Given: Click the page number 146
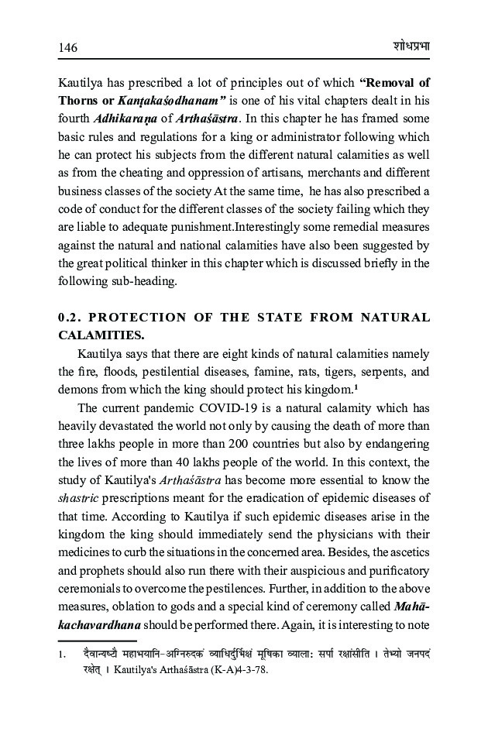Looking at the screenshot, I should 68,47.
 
